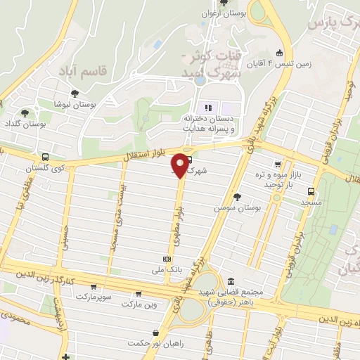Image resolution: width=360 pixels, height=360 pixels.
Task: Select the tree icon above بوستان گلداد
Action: tap(25, 112)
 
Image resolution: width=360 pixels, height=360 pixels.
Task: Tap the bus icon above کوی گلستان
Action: tap(46, 157)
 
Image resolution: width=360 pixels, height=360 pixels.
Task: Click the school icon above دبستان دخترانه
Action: tap(207, 108)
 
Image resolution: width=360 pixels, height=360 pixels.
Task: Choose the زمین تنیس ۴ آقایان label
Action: tap(308, 62)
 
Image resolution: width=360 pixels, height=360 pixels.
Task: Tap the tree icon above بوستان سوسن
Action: tap(237, 197)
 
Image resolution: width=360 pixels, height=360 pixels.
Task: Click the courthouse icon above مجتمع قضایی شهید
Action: tap(230, 281)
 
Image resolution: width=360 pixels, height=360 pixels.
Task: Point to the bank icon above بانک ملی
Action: tap(166, 258)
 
